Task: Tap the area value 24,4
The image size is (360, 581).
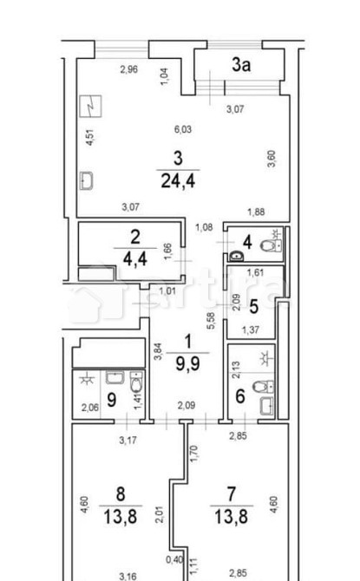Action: click(177, 181)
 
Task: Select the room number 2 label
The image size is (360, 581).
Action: click(134, 237)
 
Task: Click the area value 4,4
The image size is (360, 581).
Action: click(134, 257)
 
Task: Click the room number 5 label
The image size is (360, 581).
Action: click(253, 305)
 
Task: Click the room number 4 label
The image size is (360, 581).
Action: click(246, 242)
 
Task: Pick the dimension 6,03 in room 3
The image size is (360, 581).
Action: click(183, 131)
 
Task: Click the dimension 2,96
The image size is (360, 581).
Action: click(130, 69)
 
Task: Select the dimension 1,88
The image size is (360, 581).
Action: click(255, 212)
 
